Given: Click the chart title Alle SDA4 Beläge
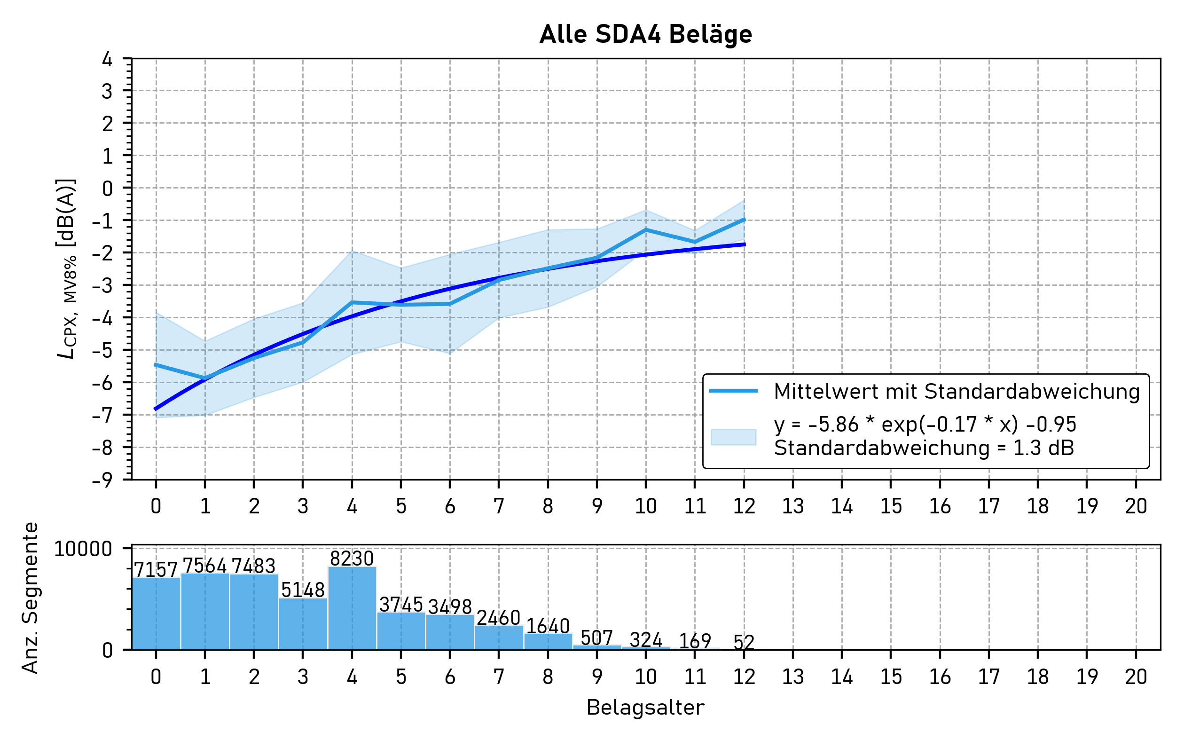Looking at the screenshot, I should coord(645,35).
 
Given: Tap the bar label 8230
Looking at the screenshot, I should coord(352,559).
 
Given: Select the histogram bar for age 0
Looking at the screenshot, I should coord(156,614).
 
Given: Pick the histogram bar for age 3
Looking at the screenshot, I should coord(303,624).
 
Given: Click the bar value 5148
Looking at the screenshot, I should coord(303,590).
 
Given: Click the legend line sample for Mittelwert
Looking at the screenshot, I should coord(733,391).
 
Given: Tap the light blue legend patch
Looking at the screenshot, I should coord(733,437).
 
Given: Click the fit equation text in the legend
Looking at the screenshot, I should coord(925,425).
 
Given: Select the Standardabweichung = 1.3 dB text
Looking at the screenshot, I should coord(924,449).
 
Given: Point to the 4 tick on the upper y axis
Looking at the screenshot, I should coord(107,59).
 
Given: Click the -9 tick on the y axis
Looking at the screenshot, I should coord(102,480).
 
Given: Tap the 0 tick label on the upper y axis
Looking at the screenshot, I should coord(107,189).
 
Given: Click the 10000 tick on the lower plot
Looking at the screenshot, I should coord(83,549).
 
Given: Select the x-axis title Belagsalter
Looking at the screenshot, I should coord(645,708).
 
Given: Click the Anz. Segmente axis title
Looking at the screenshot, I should coord(31,598).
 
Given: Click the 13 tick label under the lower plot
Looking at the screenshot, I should coord(792,677).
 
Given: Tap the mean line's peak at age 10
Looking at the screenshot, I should coord(646,229).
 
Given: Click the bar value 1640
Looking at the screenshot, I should coord(548,626).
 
